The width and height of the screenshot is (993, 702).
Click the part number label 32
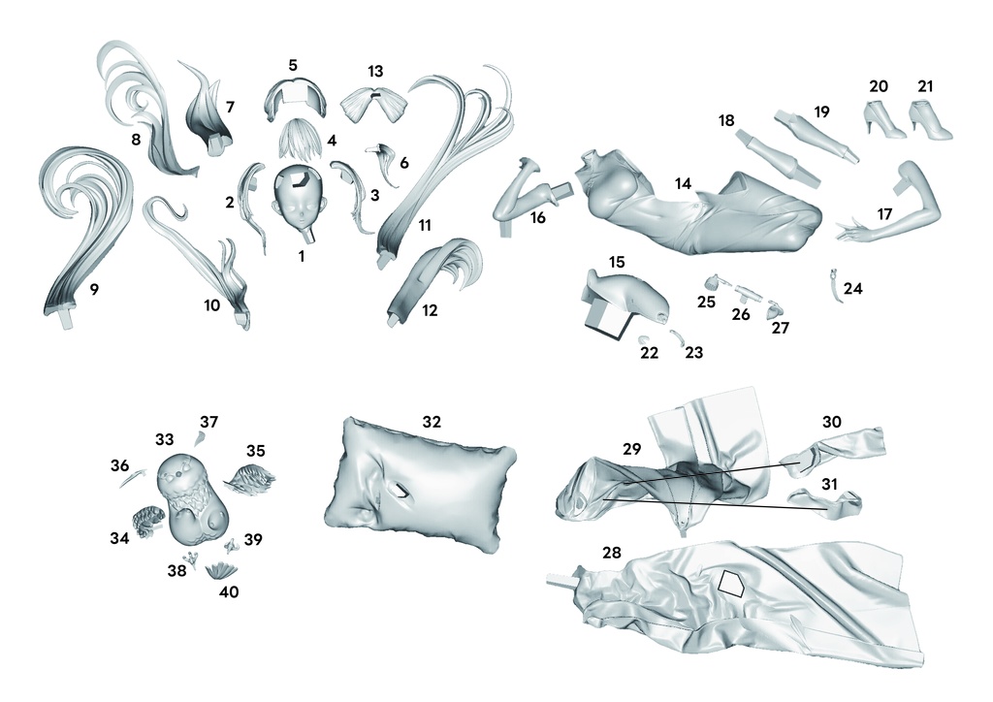coord(432,422)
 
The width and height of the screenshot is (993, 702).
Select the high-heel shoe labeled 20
coord(883,118)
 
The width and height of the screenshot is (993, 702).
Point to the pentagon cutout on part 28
coord(731,584)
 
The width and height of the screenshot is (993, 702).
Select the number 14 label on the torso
coord(683,183)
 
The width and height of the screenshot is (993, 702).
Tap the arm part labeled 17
coord(893,206)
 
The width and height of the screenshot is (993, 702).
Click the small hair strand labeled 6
coord(385,162)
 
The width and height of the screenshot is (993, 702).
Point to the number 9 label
coord(94,289)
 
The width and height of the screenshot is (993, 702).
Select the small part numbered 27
coord(775,310)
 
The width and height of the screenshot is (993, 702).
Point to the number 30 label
coord(831,422)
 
